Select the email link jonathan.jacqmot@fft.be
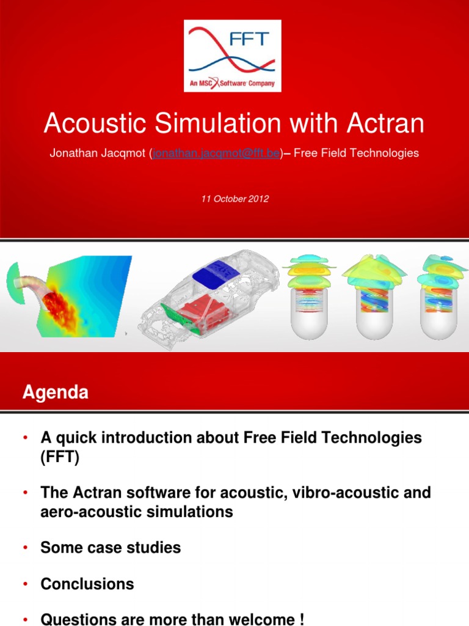216,153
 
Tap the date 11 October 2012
235,199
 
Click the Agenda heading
56,392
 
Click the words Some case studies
111,547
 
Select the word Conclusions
87,584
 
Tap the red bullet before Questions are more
25,619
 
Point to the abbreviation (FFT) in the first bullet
60,458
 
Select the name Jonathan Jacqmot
97,153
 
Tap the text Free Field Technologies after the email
356,153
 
